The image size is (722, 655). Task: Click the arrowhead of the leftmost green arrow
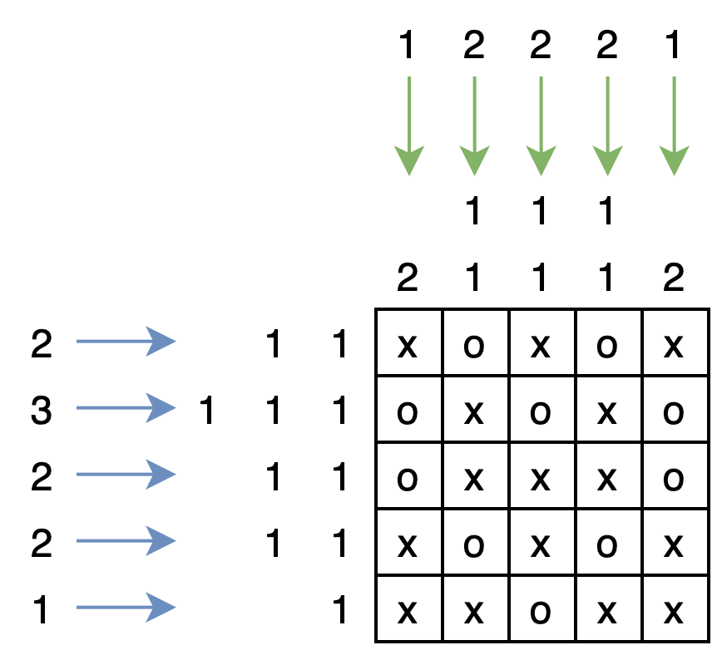pos(409,162)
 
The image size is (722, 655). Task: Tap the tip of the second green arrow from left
pos(474,162)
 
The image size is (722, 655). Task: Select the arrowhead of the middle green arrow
pos(541,162)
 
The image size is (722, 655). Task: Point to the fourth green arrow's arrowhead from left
pos(607,162)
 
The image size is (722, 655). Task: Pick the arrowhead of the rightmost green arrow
pos(674,162)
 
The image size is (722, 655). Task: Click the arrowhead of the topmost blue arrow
pos(162,341)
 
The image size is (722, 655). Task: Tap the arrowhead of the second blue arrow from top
pos(162,407)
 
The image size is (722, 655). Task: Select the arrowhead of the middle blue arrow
pos(162,474)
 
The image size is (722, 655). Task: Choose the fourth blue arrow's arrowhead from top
pos(162,540)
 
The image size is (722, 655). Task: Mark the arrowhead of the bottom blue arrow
pos(162,607)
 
